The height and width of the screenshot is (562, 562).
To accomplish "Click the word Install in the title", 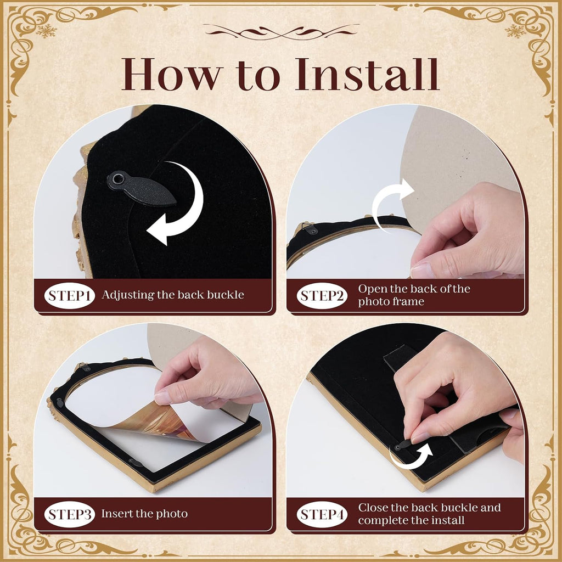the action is pos(367,74).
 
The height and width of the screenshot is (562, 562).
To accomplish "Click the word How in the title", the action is pos(171,74).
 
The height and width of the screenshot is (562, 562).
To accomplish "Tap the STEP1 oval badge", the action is pos(70,296).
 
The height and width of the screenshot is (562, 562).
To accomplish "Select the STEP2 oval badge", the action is pos(322,296).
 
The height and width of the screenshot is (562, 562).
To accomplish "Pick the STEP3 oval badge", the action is pos(70,514).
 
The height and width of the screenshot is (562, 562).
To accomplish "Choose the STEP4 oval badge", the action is pos(322,514).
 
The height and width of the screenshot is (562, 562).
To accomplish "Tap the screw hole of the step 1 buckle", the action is pos(116,178).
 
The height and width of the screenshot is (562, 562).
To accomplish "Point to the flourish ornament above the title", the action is pos(282,32).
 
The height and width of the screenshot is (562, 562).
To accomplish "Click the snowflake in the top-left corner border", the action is pos(46,31).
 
